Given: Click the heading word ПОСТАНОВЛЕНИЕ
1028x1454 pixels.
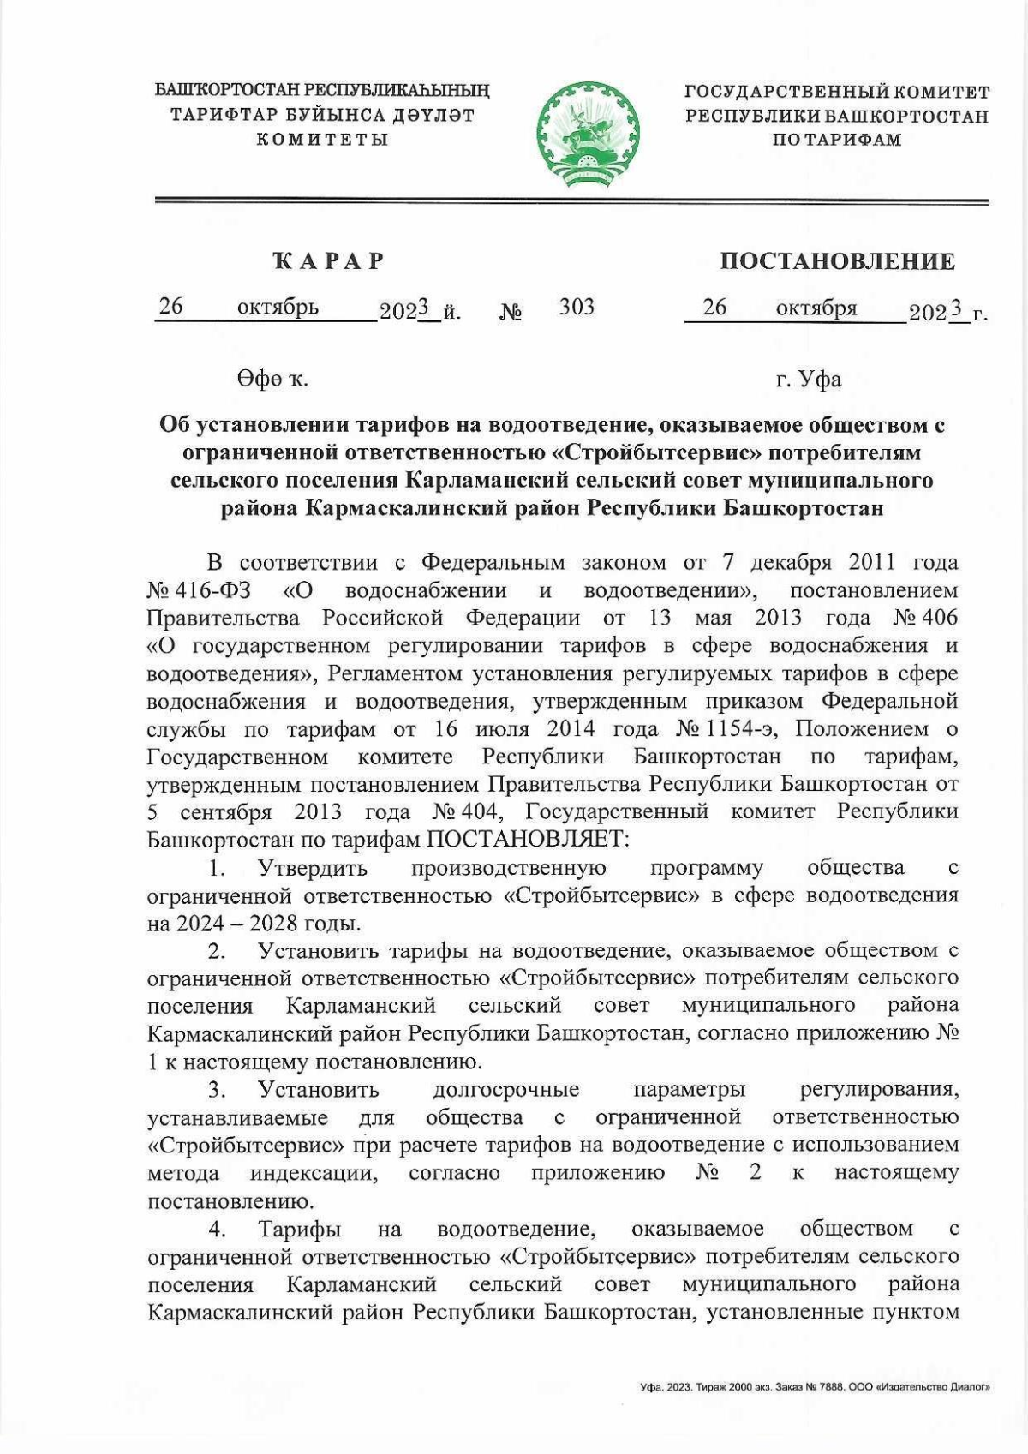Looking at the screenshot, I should pos(837,261).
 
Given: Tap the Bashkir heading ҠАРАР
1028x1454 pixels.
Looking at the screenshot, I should pos(329,261).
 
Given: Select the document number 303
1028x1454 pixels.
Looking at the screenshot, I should pos(577,307).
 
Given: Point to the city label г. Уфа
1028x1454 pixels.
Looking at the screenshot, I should pos(808,379).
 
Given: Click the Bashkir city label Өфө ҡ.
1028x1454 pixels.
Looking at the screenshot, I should pos(272,379).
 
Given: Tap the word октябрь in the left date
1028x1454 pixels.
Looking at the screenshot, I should pos(278,307).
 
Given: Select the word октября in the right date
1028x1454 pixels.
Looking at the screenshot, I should pos(816,308).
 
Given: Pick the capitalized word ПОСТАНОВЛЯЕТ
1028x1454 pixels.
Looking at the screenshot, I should pos(527,839).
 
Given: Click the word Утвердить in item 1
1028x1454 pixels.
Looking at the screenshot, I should pos(313,868).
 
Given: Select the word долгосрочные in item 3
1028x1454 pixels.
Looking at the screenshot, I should pos(505,1090).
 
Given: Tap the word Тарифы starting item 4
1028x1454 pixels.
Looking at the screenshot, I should pos(300,1230).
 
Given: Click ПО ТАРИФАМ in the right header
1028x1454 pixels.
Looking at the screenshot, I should pos(836,140).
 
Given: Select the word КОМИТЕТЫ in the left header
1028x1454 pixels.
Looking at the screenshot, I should pos(322,140).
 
